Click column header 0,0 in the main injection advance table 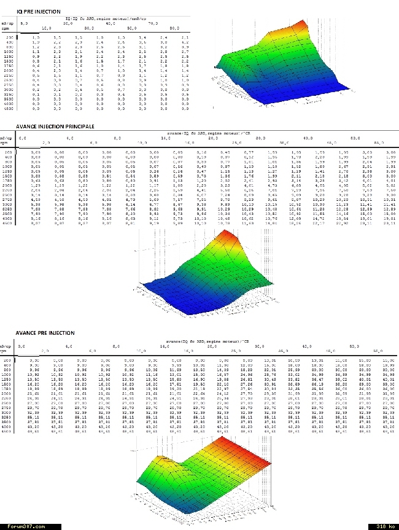point(23,138)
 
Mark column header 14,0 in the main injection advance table point(165,138)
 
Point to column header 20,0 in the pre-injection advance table point(212,345)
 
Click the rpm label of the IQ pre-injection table point(6,29)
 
